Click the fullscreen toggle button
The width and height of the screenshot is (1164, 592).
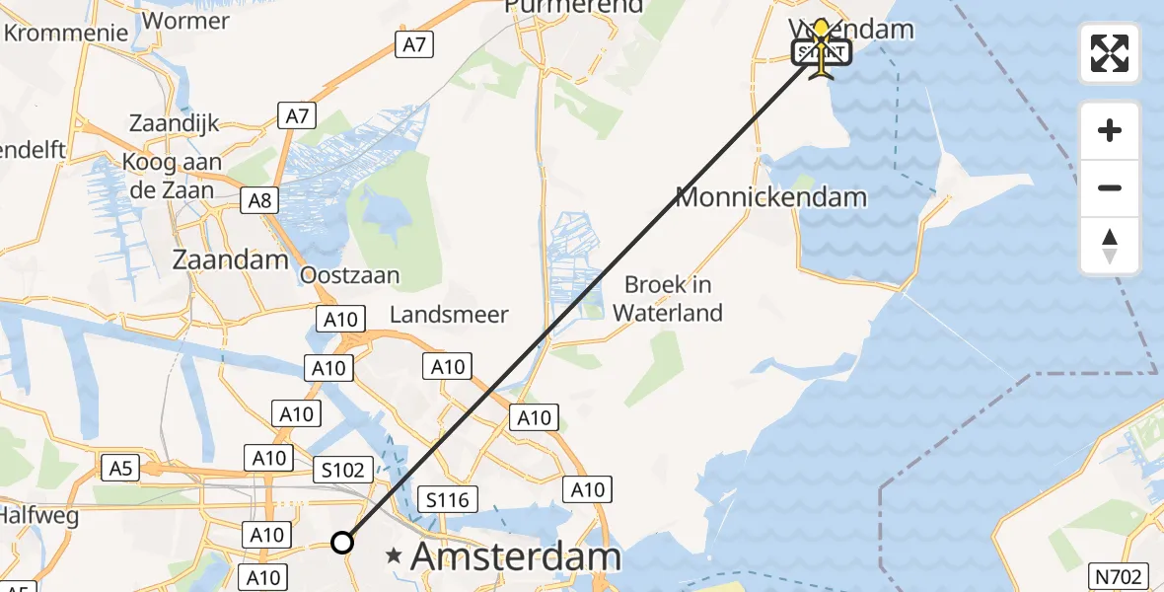coord(1110,53)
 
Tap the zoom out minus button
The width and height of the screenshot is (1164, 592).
coord(1110,188)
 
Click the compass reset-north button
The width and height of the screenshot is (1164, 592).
coord(1110,246)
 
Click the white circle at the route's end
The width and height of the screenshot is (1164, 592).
coord(341,543)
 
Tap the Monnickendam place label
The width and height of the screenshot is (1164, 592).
coord(770,196)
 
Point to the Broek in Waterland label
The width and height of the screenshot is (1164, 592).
coord(668,299)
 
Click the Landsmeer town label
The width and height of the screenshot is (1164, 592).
coord(449,315)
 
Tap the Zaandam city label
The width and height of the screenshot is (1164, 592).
coord(231,260)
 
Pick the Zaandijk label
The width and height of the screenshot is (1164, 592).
coord(174,124)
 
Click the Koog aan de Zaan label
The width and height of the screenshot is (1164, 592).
coord(173,176)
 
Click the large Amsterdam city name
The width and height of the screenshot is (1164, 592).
coord(516,556)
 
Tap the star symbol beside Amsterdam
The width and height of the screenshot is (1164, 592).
coord(395,555)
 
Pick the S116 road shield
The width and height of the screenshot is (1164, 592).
coord(446,499)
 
